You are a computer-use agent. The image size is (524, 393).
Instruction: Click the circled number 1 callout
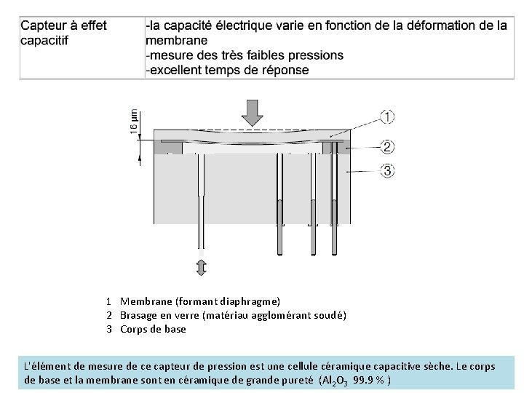pyautogui.click(x=387, y=116)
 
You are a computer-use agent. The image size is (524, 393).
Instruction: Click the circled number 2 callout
pyautogui.click(x=387, y=147)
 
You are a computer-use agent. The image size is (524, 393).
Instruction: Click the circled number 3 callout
pyautogui.click(x=387, y=170)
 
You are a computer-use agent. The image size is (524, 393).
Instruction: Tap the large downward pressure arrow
pyautogui.click(x=252, y=112)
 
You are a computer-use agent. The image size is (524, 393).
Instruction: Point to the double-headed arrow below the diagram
pyautogui.click(x=202, y=267)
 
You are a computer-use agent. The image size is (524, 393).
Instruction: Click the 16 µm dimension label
pyautogui.click(x=134, y=120)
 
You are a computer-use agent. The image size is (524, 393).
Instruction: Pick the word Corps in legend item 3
pyautogui.click(x=134, y=329)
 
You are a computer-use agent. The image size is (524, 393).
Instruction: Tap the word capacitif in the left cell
pyautogui.click(x=45, y=40)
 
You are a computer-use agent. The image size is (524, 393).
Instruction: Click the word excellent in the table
pyautogui.click(x=178, y=70)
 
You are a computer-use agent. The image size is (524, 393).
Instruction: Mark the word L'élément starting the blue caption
pyautogui.click(x=46, y=366)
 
